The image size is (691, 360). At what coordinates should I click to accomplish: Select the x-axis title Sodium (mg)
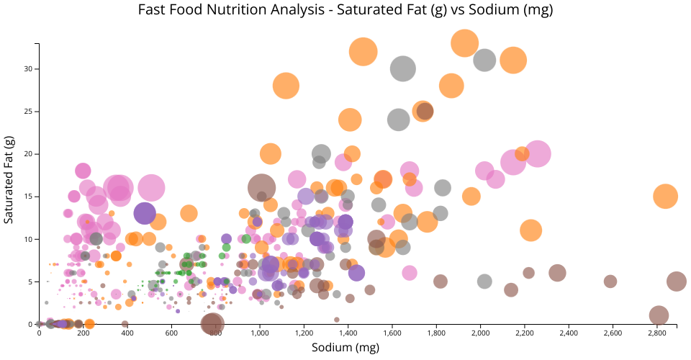point(345,348)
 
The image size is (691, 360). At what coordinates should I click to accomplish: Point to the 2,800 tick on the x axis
point(657,333)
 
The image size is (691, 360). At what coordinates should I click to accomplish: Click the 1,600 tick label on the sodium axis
point(392,333)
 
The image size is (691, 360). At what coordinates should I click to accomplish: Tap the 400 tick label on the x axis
point(127,333)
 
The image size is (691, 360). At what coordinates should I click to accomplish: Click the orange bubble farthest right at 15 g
point(666,197)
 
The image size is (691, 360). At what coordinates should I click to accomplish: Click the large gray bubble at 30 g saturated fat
point(404,68)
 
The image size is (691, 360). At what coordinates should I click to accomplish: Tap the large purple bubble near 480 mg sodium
point(145,213)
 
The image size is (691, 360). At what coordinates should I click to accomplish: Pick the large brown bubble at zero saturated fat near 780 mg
point(212,324)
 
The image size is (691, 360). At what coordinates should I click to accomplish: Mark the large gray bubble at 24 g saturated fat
point(399,120)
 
